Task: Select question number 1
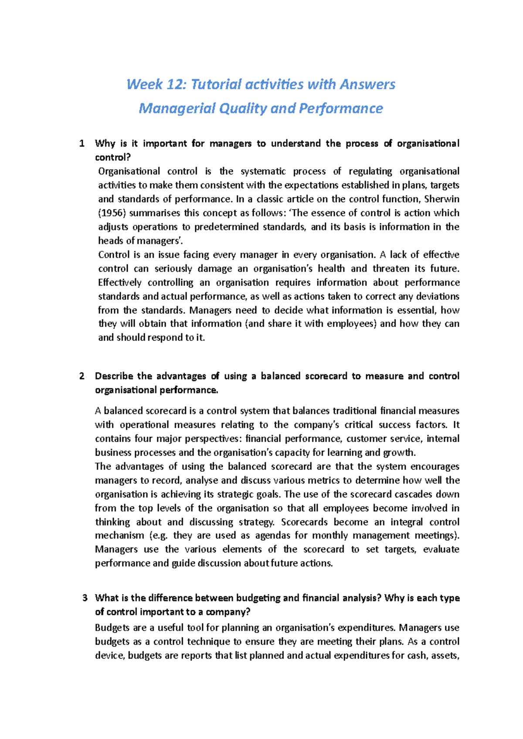(82, 144)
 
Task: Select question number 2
(82, 376)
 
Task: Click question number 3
(85, 598)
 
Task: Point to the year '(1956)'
(112, 213)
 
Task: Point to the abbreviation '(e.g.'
(158, 536)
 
